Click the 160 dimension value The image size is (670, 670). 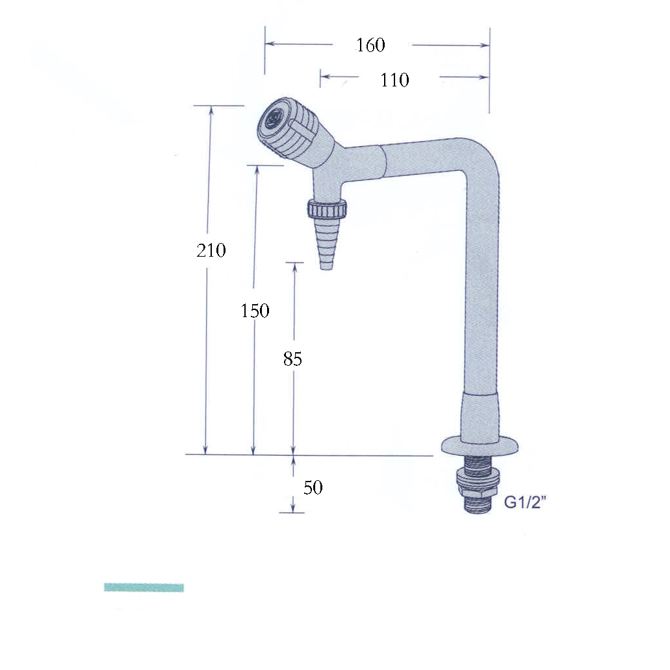(x=370, y=45)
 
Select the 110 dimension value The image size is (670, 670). (x=394, y=80)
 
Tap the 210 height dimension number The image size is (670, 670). (x=211, y=250)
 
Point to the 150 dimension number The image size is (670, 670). (x=255, y=311)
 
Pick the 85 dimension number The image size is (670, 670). (x=292, y=359)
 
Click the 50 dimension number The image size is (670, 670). (x=313, y=487)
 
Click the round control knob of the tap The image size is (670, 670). (x=286, y=128)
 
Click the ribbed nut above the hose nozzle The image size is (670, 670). (x=328, y=209)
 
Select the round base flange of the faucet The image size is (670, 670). (x=481, y=446)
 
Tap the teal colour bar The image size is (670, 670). (x=144, y=587)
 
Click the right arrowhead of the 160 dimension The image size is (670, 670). (x=485, y=45)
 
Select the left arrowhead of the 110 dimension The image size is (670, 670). (x=324, y=77)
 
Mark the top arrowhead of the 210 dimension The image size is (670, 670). (x=210, y=110)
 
